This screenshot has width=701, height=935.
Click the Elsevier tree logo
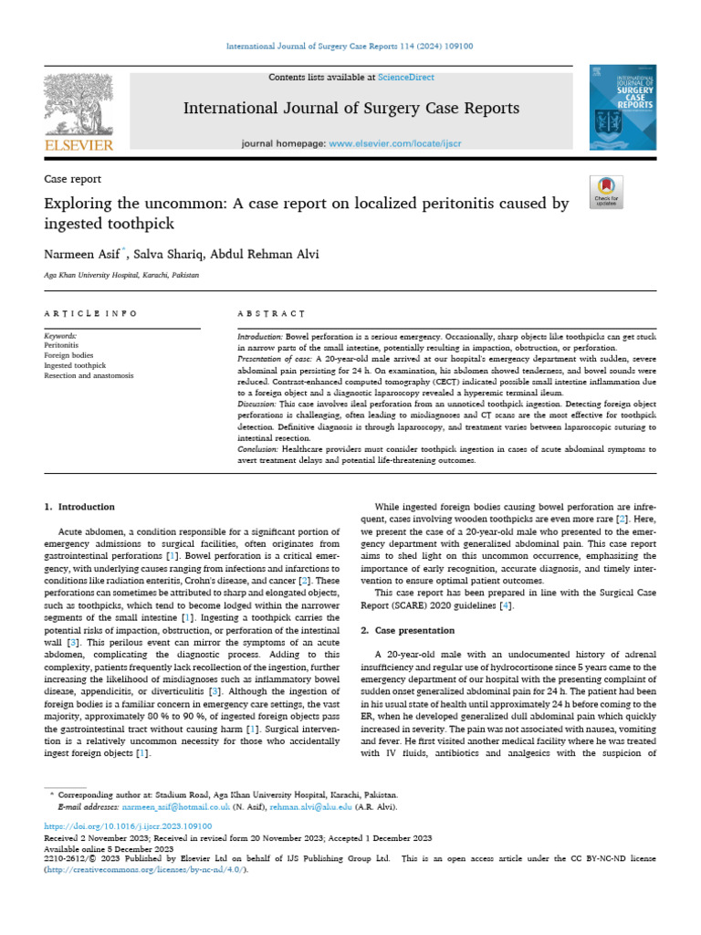pos(79,105)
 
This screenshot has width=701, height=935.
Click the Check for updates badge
pos(606,191)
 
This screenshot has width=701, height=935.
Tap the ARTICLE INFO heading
pos(91,313)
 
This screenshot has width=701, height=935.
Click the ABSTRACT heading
pos(271,313)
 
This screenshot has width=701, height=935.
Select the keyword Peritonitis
pos(61,345)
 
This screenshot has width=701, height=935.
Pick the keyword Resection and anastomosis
pos(89,375)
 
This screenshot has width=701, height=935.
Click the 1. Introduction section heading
pos(80,507)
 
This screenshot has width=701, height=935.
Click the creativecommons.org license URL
pos(144,869)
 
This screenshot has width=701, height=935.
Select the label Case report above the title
pos(72,179)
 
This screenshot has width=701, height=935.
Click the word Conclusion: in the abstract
pos(258,450)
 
